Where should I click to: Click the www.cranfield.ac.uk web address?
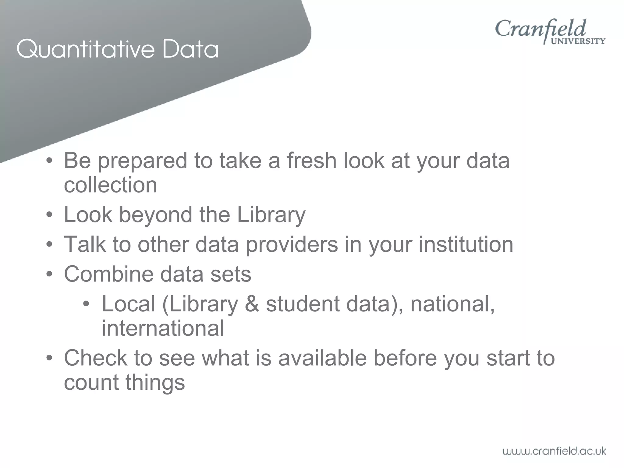tap(554, 451)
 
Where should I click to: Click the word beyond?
tap(155, 215)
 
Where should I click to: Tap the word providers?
tap(292, 245)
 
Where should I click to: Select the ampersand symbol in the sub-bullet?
tap(252, 304)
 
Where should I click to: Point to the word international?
tap(163, 328)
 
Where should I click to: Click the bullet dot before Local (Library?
tap(87, 304)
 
